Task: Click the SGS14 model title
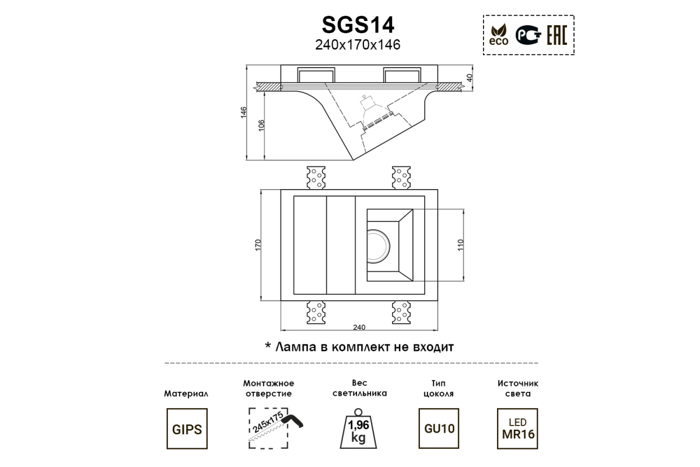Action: tap(358, 25)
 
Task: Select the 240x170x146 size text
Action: tap(358, 45)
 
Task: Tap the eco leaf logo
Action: tap(499, 35)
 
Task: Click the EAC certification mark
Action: tap(557, 35)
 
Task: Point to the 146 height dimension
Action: tap(244, 113)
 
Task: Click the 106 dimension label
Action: tap(261, 126)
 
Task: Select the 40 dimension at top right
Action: tap(470, 78)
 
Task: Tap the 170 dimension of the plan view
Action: tap(258, 245)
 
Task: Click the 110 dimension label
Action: tap(460, 245)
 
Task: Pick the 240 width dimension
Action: tap(359, 327)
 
